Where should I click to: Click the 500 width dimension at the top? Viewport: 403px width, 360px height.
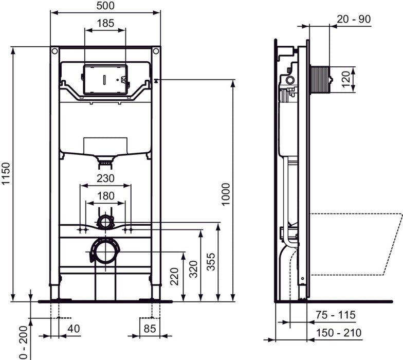[105, 6]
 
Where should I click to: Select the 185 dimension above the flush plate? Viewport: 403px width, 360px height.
[105, 23]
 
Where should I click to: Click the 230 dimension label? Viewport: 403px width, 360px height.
[105, 178]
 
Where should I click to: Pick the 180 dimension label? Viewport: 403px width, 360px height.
[105, 196]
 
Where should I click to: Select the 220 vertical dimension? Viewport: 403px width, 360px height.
[175, 277]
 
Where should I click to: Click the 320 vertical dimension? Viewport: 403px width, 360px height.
[192, 268]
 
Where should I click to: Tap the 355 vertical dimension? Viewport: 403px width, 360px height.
[210, 264]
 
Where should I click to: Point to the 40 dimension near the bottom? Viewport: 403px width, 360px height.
[74, 329]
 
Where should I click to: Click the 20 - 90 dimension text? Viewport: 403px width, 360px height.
[354, 19]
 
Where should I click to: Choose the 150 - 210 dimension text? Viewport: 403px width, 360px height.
[339, 333]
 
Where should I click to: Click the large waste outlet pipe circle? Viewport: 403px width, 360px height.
[105, 251]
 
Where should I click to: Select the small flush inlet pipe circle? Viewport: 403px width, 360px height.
[105, 222]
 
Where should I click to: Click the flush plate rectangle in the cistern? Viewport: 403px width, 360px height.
[105, 80]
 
